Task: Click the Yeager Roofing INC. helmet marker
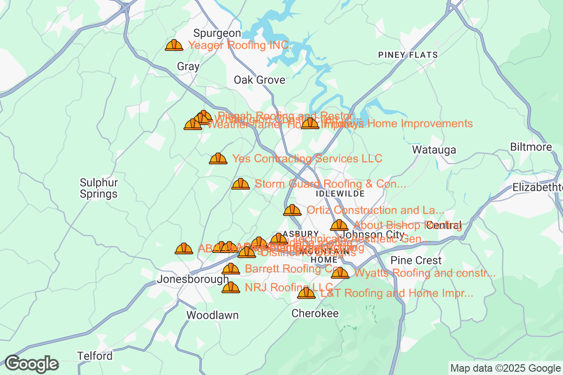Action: coord(174,45)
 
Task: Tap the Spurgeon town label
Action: coord(217,33)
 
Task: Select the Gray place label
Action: coord(188,67)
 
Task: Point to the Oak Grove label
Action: coord(259,80)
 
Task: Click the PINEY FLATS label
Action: coord(408,55)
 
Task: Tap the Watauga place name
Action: coord(434,150)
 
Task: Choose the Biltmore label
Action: coord(531,147)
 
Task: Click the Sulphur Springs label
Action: coord(99,188)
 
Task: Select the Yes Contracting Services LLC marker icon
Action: coord(218,158)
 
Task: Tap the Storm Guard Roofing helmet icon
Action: coord(241,184)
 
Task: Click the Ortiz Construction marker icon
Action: coord(292,210)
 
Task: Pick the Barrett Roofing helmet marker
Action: coord(230,269)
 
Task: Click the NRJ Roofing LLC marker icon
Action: coord(230,287)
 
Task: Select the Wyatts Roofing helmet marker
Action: coord(340,273)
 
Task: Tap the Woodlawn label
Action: coord(212,315)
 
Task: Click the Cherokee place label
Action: coord(315,313)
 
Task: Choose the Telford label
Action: coord(95,356)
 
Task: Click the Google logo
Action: coord(31,364)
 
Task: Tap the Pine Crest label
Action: coord(416,260)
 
